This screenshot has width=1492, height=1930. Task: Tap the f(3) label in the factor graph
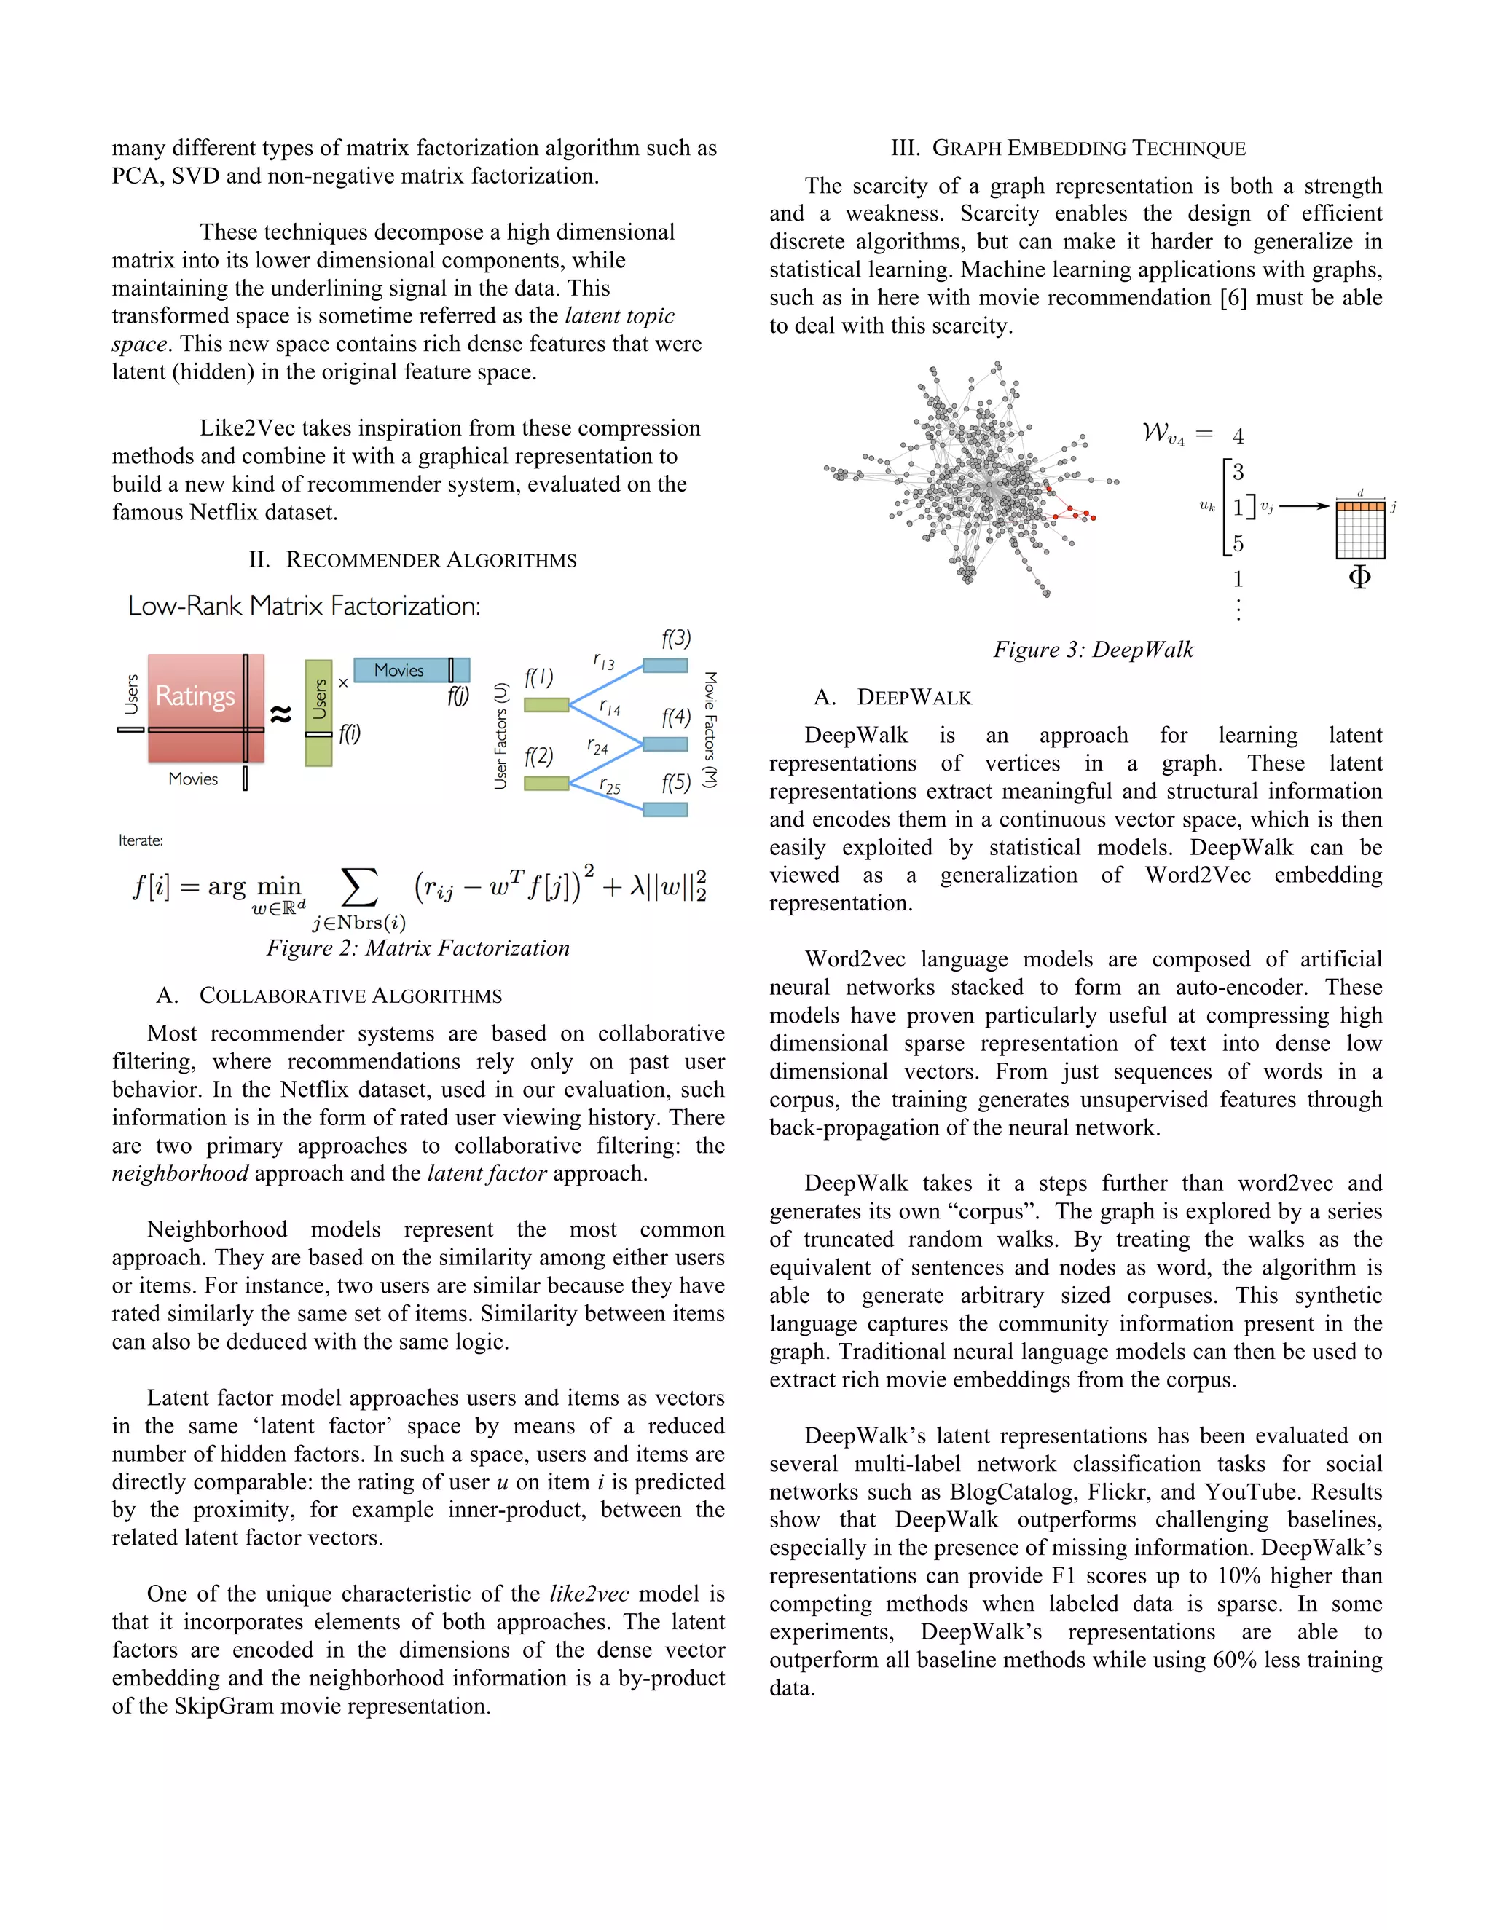[x=676, y=638]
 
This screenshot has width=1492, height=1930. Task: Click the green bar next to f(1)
[x=546, y=704]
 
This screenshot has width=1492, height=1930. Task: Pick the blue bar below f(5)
[x=664, y=809]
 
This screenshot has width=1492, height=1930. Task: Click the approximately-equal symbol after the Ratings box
[x=281, y=713]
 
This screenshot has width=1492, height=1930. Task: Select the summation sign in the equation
[x=359, y=886]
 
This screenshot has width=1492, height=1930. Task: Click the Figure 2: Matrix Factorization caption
[x=418, y=948]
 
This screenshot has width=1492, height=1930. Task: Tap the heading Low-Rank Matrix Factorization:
[x=304, y=606]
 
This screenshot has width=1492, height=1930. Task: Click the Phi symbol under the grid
[x=1359, y=578]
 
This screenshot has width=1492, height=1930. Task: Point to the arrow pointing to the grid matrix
[x=1304, y=506]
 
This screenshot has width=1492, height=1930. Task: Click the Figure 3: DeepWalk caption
[x=1094, y=650]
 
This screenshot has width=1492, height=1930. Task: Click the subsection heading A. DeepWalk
[x=892, y=697]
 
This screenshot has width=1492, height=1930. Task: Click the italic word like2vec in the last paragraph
[x=589, y=1594]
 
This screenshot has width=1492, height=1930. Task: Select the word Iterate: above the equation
[x=141, y=840]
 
